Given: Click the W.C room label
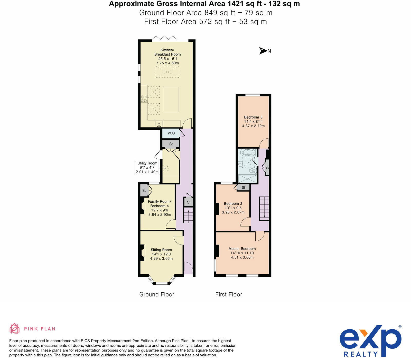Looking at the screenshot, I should [171, 133].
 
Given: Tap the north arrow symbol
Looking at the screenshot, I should [263, 51].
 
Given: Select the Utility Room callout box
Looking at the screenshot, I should [147, 167].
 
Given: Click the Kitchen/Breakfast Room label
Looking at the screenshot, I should [167, 52].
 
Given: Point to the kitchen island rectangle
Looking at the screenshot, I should [171, 100].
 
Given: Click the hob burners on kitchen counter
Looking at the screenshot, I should [144, 99].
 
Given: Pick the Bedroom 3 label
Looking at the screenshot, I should [253, 117].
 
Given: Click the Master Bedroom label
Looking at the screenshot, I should [242, 249].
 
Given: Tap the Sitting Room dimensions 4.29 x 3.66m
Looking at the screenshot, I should [161, 258].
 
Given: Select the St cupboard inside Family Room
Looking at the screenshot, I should [144, 191].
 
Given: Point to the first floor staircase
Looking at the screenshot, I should [264, 208].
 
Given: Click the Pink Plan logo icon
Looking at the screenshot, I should [14, 328].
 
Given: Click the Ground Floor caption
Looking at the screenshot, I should [156, 294].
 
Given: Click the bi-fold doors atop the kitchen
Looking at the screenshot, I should [165, 38].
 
